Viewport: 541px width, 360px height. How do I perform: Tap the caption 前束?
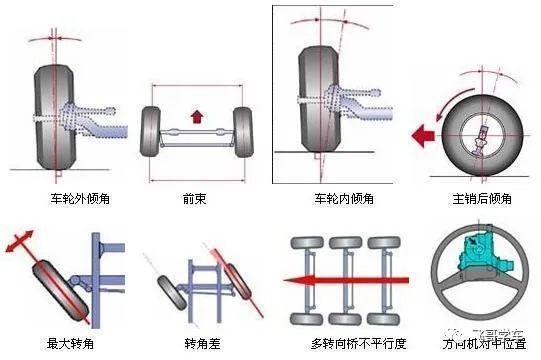(x=196, y=198)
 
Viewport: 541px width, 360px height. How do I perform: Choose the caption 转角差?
(x=196, y=343)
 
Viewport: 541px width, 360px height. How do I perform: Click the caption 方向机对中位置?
(x=478, y=343)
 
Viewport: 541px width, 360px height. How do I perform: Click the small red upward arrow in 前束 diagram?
(x=196, y=116)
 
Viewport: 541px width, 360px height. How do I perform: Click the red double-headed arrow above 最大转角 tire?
(x=22, y=244)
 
